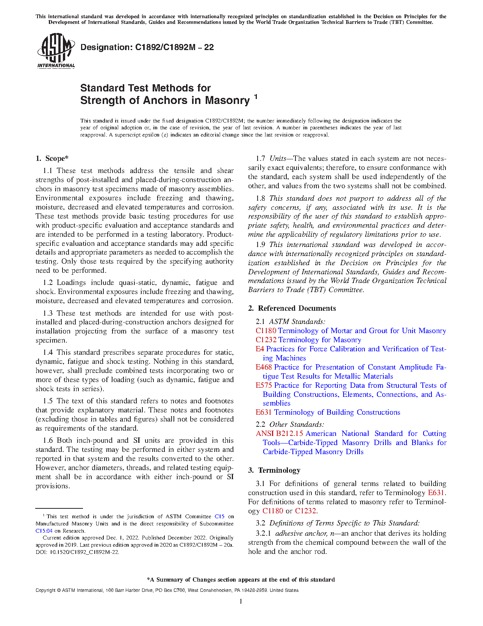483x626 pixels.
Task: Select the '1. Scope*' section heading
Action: click(x=52, y=159)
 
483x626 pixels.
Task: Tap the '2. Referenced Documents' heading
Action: click(x=292, y=308)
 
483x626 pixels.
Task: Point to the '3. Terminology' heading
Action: click(x=274, y=470)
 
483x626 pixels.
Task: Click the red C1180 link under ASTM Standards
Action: click(x=266, y=331)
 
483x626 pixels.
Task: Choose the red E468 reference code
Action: click(x=264, y=367)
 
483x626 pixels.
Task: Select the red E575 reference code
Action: click(x=264, y=385)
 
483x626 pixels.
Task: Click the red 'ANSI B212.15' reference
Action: click(x=279, y=434)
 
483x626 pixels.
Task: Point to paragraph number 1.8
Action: click(x=260, y=198)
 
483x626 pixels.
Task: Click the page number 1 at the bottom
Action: click(x=241, y=601)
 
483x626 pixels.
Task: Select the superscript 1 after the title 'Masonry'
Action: click(x=256, y=97)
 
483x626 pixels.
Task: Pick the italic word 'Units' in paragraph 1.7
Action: click(x=278, y=159)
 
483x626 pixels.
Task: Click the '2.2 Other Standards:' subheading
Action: click(x=290, y=425)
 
